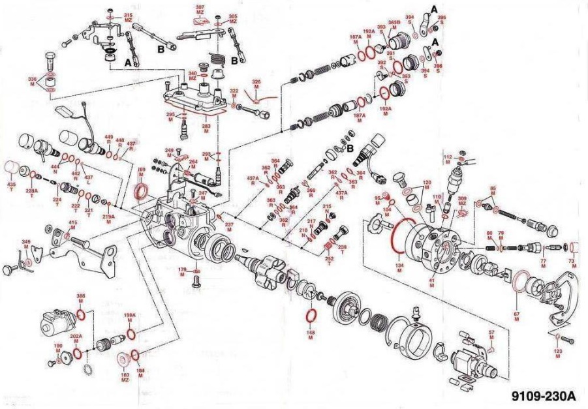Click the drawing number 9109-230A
coord(544,395)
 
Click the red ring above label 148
coord(312,317)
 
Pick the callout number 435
coord(11,185)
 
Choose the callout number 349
coord(27,243)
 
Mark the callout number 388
coord(81,297)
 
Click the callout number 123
coord(558,351)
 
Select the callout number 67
coord(516,314)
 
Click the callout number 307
coord(200,7)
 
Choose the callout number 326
coord(256,82)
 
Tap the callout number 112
coord(448,157)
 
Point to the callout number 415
coord(73,223)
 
